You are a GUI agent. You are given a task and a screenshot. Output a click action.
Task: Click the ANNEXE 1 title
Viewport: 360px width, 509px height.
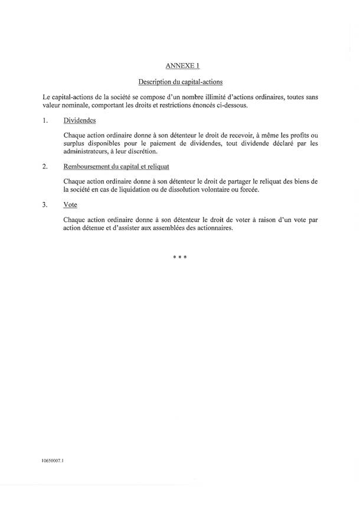(x=180, y=66)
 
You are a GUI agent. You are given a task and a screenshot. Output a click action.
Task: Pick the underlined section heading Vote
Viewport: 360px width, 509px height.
(x=70, y=205)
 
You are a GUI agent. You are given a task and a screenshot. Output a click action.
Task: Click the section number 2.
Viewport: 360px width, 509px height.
(x=45, y=167)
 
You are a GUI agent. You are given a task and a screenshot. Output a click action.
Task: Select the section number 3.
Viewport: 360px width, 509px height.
(x=45, y=205)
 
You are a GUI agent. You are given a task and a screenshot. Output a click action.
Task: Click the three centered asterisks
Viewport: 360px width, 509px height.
(x=180, y=258)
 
